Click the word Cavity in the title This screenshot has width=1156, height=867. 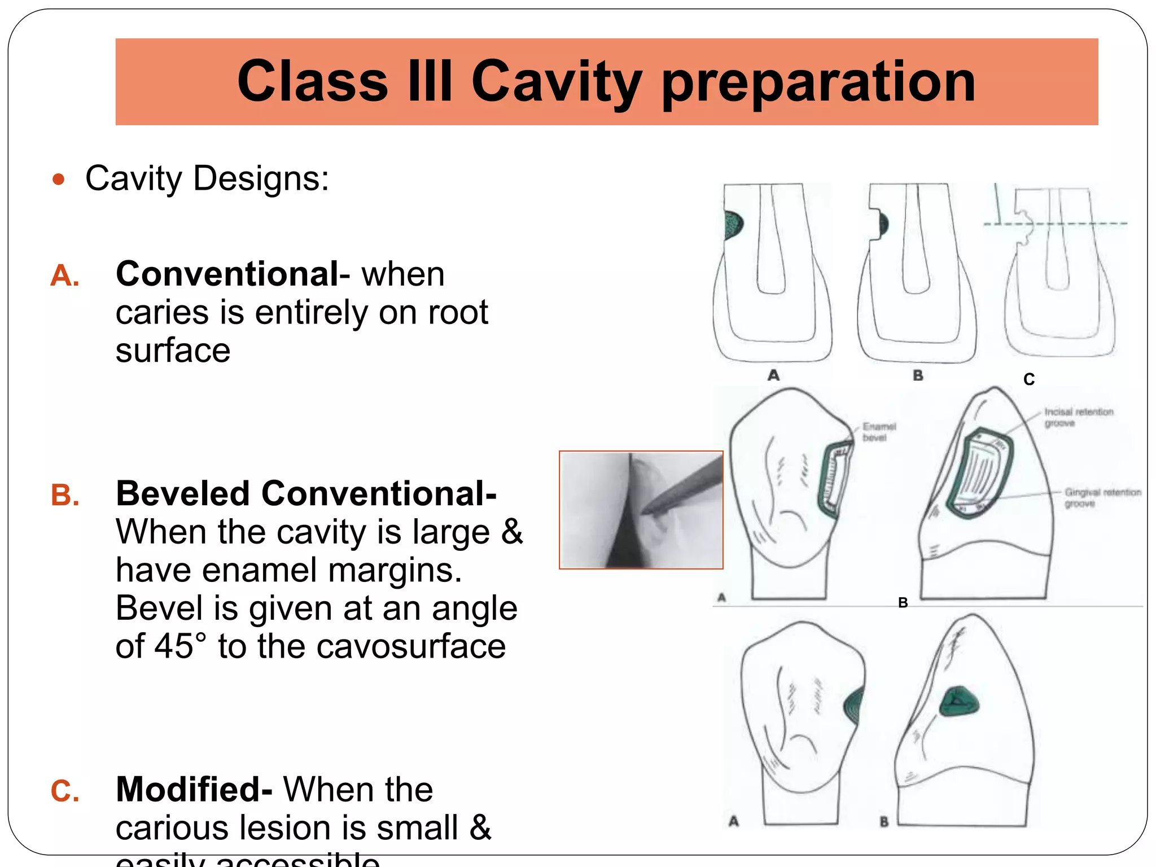pyautogui.click(x=556, y=82)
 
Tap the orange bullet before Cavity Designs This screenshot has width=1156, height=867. pyautogui.click(x=58, y=179)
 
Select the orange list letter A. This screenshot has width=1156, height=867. pyautogui.click(x=64, y=276)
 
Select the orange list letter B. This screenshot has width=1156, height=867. pyautogui.click(x=65, y=495)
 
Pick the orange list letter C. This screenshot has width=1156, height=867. pyautogui.click(x=65, y=791)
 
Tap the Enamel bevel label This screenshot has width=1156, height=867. pyautogui.click(x=878, y=432)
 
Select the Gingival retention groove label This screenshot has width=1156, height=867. pyautogui.click(x=1101, y=497)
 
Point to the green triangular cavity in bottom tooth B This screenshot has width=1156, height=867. pyautogui.click(x=958, y=702)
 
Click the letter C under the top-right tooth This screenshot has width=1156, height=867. pyautogui.click(x=1028, y=379)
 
